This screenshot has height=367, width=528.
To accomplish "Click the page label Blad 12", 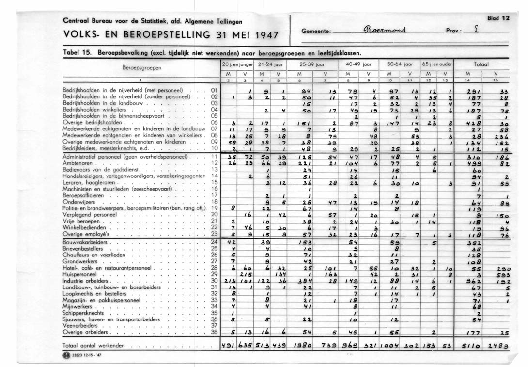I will (498, 18).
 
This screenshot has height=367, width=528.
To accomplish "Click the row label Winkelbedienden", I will (84, 226).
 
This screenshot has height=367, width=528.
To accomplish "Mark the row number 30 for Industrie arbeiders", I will (214, 281).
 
